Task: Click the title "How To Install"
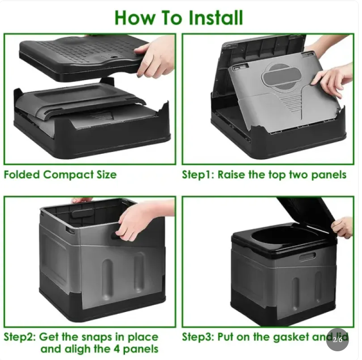178,17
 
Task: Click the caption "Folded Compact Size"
60,175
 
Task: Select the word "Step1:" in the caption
198,175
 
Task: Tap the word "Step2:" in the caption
20,337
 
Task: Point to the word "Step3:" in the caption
198,337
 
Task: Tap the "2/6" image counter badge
337,339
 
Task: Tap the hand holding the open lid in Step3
343,227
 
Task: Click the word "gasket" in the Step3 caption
289,337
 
